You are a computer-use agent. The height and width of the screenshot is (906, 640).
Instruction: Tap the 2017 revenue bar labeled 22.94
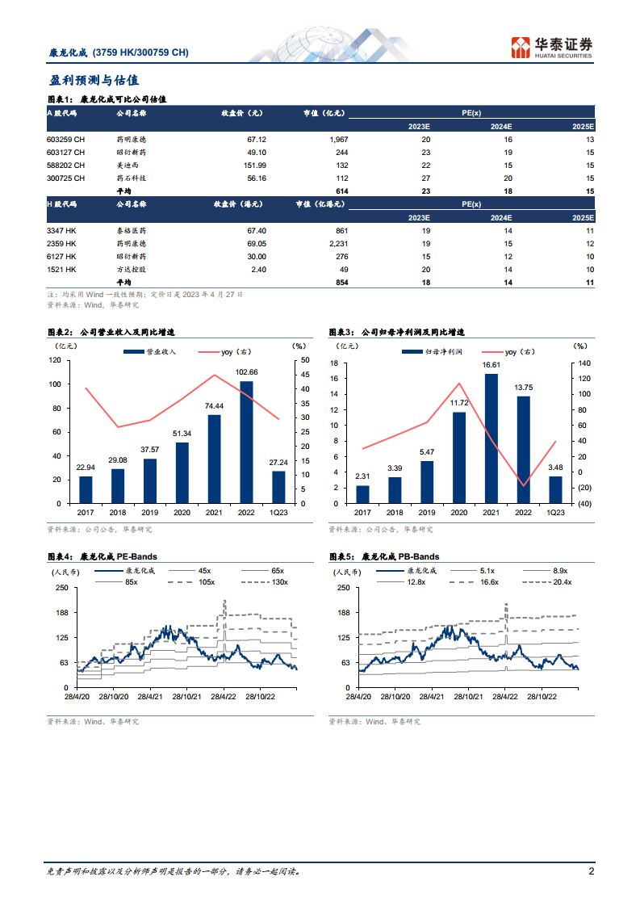[x=86, y=489]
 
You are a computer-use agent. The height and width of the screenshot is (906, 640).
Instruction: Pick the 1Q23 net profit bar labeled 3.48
[x=555, y=489]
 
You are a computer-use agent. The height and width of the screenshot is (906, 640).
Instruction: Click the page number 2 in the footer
[x=591, y=871]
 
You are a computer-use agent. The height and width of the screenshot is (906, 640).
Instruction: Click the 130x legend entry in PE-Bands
[x=279, y=581]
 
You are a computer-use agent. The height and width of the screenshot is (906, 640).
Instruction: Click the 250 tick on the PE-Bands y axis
[x=61, y=587]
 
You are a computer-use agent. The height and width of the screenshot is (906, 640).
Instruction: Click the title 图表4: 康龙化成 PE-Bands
[x=103, y=556]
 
